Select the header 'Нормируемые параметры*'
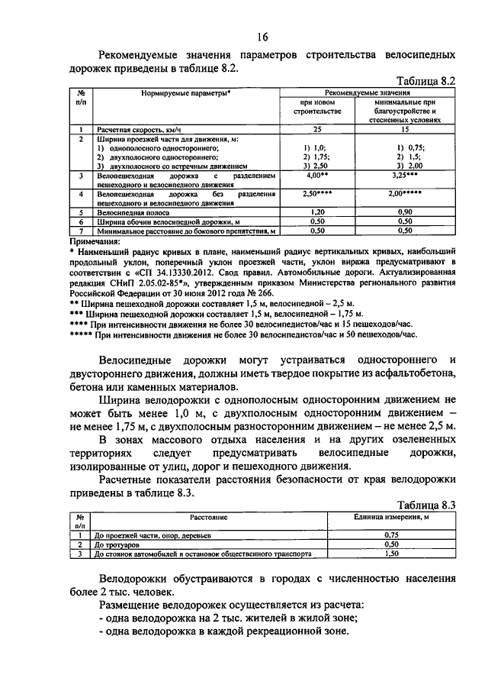(185, 92)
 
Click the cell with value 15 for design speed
(405, 130)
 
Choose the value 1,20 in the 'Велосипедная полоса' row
(318, 211)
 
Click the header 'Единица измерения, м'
(392, 517)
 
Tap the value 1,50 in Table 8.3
(392, 554)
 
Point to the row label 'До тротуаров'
(115, 546)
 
